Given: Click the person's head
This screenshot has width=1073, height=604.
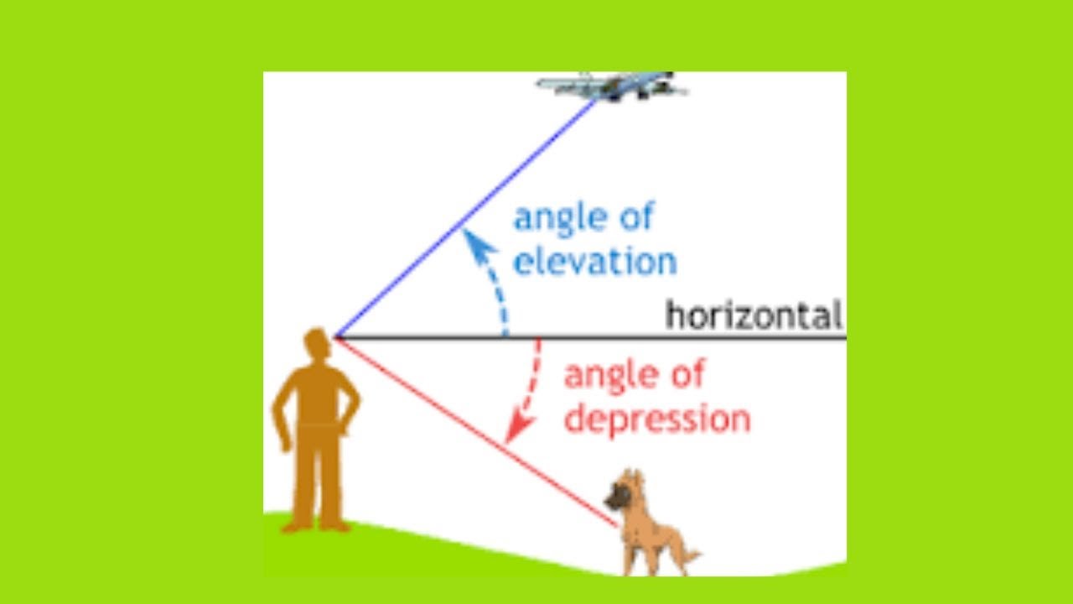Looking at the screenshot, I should (x=316, y=344).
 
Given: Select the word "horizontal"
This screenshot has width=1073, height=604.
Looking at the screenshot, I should (x=753, y=316).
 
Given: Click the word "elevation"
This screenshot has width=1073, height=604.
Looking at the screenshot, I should (x=594, y=261).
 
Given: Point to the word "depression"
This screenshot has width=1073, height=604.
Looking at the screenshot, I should (x=656, y=419).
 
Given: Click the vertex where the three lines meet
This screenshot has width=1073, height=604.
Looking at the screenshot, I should (x=335, y=337).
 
